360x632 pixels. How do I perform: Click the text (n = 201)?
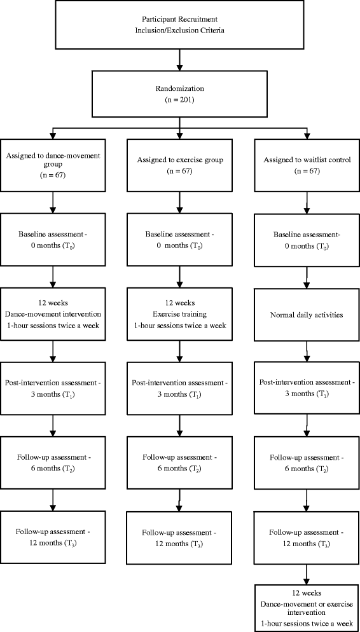pyautogui.click(x=179, y=99)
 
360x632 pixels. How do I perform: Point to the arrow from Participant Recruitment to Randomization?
pyautogui.click(x=179, y=60)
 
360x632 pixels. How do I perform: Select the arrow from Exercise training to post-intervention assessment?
pyautogui.click(x=180, y=352)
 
